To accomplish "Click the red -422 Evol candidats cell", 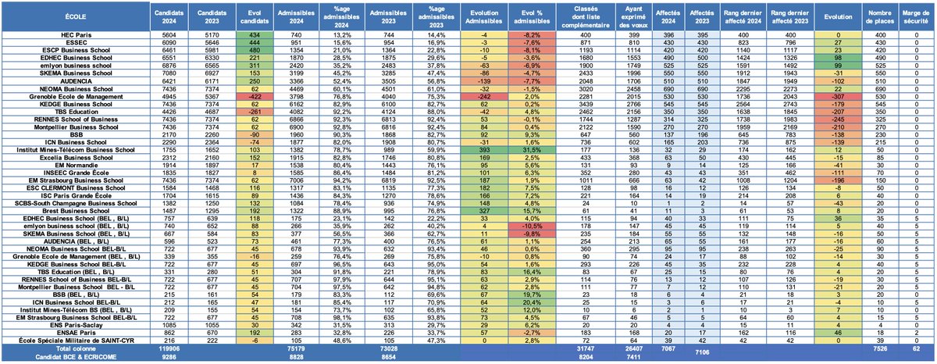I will [255, 96].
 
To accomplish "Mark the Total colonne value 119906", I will [180, 348].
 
